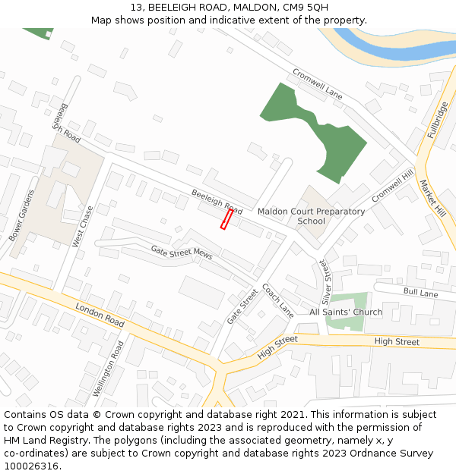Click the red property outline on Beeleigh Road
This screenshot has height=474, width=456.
tap(226, 219)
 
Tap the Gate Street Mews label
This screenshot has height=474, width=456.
tap(181, 252)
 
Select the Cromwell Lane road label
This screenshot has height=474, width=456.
tap(318, 84)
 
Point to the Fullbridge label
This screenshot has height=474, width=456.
tap(438, 119)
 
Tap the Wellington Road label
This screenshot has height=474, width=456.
tap(108, 369)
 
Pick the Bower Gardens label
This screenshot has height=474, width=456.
tap(22, 215)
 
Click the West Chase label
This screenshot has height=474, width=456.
tap(82, 226)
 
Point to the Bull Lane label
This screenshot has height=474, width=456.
tap(421, 293)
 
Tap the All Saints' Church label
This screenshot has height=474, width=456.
tap(346, 312)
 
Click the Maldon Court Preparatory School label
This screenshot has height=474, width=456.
tap(311, 216)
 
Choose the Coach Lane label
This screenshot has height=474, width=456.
tap(277, 300)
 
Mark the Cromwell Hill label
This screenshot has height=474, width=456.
tap(393, 185)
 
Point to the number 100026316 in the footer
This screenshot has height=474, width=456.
tap(31, 466)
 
